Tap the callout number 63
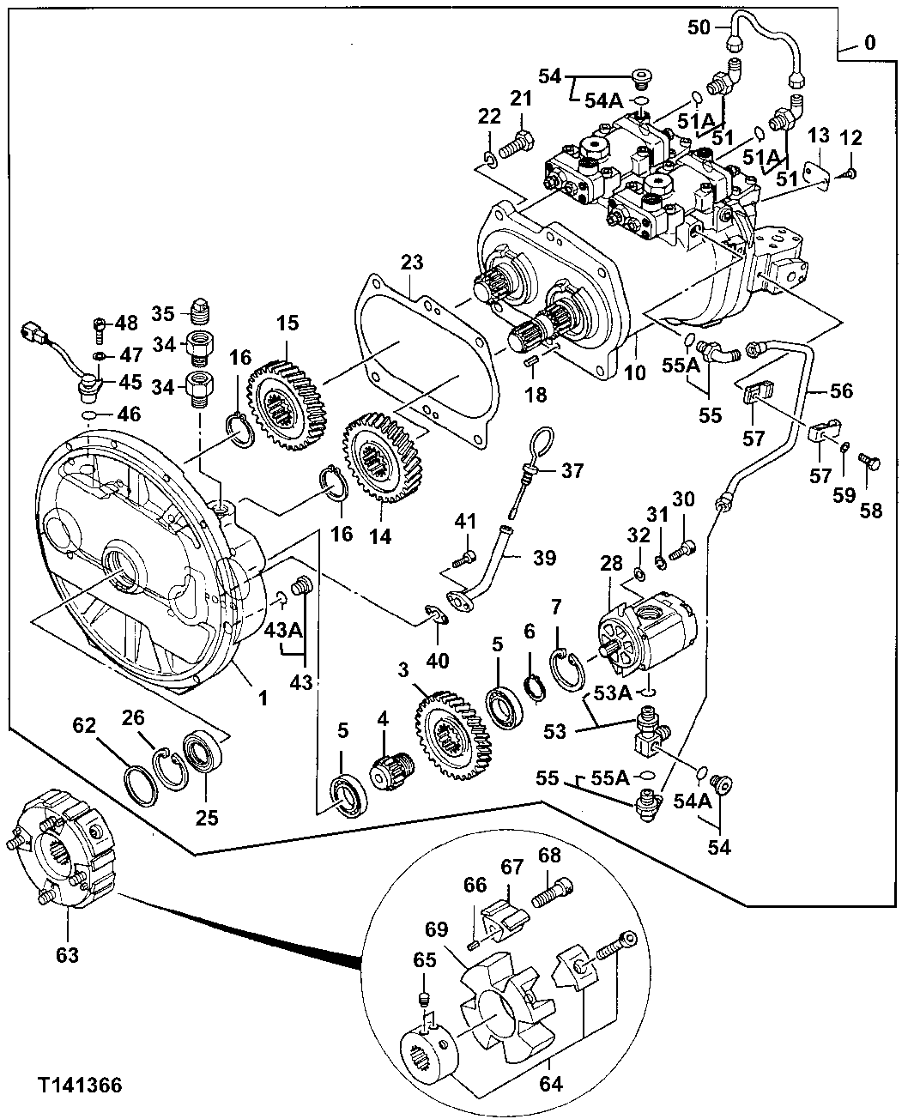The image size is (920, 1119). [67, 954]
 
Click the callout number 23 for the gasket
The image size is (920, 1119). [412, 263]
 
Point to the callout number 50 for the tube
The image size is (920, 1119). [699, 27]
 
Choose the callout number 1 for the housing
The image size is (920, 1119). [263, 699]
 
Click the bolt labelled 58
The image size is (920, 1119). [869, 466]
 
